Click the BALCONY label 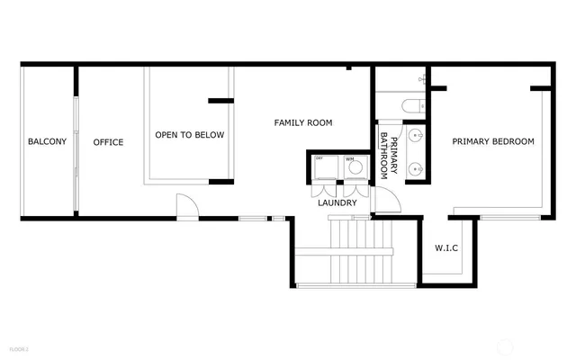47,142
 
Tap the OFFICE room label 108,142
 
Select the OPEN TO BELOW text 189,136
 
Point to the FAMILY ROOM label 303,122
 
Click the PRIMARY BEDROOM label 492,141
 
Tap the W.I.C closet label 447,247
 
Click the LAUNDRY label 337,203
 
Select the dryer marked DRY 325,168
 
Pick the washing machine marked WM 355,167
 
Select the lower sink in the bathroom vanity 417,167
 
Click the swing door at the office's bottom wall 186,208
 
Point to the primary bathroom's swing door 384,202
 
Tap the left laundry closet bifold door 321,190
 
